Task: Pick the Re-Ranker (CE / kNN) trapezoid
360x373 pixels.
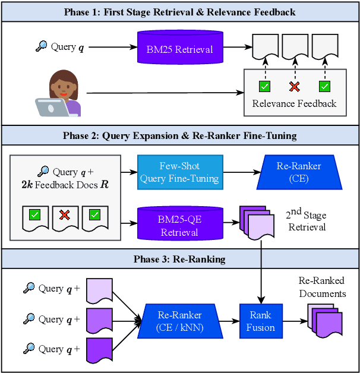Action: click(x=179, y=321)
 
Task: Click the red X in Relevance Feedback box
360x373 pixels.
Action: click(x=294, y=87)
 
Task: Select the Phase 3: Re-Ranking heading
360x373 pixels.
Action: click(x=179, y=259)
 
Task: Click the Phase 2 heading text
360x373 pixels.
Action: click(x=179, y=135)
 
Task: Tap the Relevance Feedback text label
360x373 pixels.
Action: click(x=294, y=104)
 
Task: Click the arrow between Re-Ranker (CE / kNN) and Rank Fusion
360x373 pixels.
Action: click(x=229, y=321)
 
